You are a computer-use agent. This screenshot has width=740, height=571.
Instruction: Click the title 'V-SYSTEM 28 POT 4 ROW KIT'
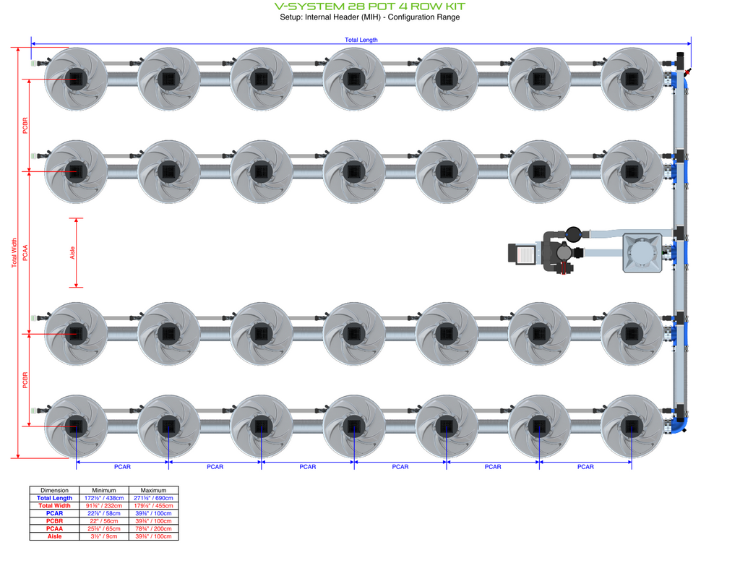click(x=370, y=7)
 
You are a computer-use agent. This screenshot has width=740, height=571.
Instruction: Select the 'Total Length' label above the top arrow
click(x=361, y=40)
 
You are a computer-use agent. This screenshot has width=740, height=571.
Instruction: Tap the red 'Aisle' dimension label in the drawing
click(x=72, y=252)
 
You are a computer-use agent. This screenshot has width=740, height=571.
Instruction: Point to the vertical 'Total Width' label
click(x=14, y=254)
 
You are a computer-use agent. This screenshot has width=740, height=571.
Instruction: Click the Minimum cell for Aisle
click(x=104, y=536)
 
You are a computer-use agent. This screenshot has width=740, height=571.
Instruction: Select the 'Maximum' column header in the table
click(x=153, y=490)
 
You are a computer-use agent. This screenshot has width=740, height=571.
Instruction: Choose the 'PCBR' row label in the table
click(x=54, y=521)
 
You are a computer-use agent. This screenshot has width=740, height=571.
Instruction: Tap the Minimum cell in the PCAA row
click(x=104, y=528)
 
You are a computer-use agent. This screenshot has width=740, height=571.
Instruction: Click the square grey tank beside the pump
click(x=642, y=253)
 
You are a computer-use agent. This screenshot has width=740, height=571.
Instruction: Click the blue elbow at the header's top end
click(x=680, y=78)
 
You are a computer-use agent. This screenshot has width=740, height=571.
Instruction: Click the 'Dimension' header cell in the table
click(x=54, y=490)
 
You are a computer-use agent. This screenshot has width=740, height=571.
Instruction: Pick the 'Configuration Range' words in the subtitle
click(x=423, y=17)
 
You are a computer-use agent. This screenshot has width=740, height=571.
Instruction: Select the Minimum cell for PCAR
click(x=104, y=513)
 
